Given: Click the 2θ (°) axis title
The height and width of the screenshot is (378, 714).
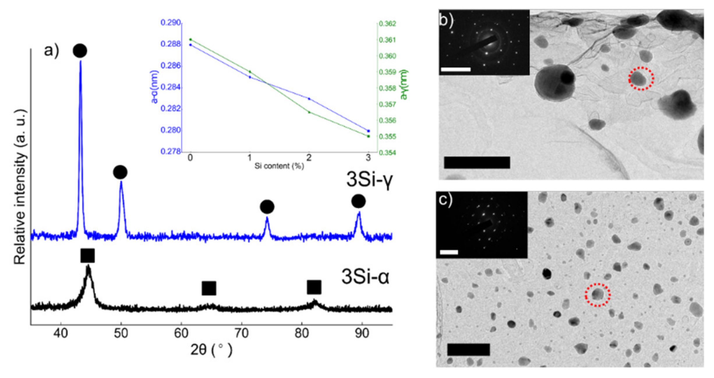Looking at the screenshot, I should pyautogui.click(x=211, y=350).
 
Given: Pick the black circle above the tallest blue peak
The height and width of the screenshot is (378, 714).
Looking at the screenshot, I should pyautogui.click(x=80, y=51).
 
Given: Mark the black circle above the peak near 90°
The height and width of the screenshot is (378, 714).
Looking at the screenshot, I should pyautogui.click(x=358, y=201).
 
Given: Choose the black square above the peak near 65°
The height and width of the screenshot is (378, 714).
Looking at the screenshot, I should pyautogui.click(x=209, y=288).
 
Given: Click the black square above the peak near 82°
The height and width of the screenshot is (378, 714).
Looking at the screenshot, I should pyautogui.click(x=314, y=287).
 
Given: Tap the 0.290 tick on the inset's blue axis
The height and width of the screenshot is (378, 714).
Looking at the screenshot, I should pyautogui.click(x=171, y=23).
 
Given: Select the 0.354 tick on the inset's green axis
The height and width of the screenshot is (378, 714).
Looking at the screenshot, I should pyautogui.click(x=387, y=153).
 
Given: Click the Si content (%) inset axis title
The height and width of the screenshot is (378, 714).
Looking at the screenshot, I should pyautogui.click(x=279, y=166).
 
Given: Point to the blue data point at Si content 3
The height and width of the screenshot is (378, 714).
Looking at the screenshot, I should pyautogui.click(x=368, y=131).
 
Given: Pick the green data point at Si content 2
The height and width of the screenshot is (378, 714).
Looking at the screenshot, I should pyautogui.click(x=309, y=112).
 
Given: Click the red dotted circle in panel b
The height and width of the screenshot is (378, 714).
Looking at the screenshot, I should pyautogui.click(x=641, y=78).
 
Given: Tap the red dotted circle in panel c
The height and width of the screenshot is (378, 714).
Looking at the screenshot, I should pyautogui.click(x=598, y=295).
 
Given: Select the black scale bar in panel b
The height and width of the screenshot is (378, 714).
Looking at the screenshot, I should pyautogui.click(x=477, y=162).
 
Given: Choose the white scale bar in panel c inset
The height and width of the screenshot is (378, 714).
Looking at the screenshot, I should pyautogui.click(x=449, y=252).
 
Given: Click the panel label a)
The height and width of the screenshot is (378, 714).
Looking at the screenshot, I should pyautogui.click(x=51, y=50).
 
